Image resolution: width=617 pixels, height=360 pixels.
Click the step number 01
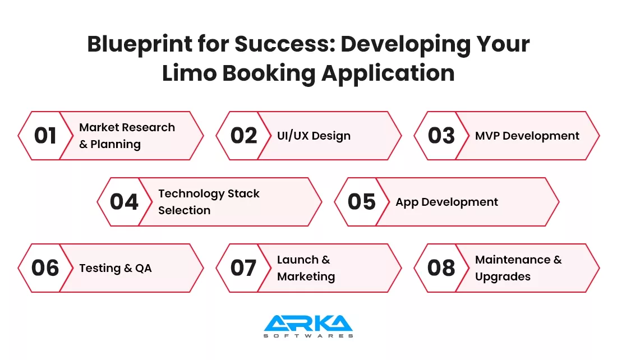(x=45, y=136)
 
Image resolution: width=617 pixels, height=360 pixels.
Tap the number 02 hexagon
(x=243, y=136)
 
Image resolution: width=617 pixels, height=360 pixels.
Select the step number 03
(x=441, y=136)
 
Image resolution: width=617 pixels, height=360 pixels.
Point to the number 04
(x=124, y=202)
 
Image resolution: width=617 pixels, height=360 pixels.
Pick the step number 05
(x=361, y=202)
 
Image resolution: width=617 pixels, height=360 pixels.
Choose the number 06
(x=45, y=269)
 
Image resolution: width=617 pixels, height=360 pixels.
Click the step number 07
(x=243, y=269)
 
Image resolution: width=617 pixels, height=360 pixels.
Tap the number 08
(x=441, y=269)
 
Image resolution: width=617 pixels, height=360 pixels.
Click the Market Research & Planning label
(x=127, y=136)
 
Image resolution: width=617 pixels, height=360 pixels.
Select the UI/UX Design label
(x=314, y=136)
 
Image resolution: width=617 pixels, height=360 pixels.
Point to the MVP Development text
(x=527, y=136)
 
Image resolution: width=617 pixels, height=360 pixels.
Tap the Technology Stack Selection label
(x=209, y=202)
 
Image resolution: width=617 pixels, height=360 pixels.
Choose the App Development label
(x=446, y=202)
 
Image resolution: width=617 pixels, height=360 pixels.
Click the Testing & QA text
(x=115, y=268)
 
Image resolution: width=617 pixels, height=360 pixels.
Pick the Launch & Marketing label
(x=306, y=268)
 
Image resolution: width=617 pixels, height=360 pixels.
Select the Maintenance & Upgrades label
(x=518, y=268)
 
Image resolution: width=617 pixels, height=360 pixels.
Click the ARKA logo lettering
(x=308, y=323)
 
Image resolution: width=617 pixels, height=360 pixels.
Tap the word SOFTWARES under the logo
(x=308, y=336)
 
